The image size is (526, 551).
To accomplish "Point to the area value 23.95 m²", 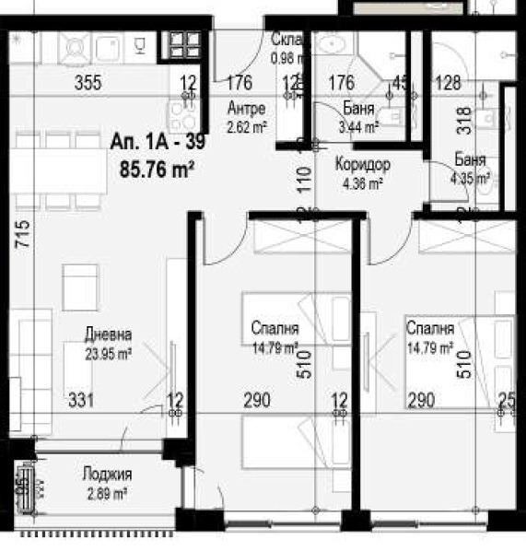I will coord(108,351).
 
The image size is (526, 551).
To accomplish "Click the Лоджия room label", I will coord(106,475).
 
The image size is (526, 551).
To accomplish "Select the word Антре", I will coord(246,108).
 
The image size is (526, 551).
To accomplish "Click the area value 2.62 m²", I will coord(246,128).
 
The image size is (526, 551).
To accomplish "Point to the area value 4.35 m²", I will coord(471,180).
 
